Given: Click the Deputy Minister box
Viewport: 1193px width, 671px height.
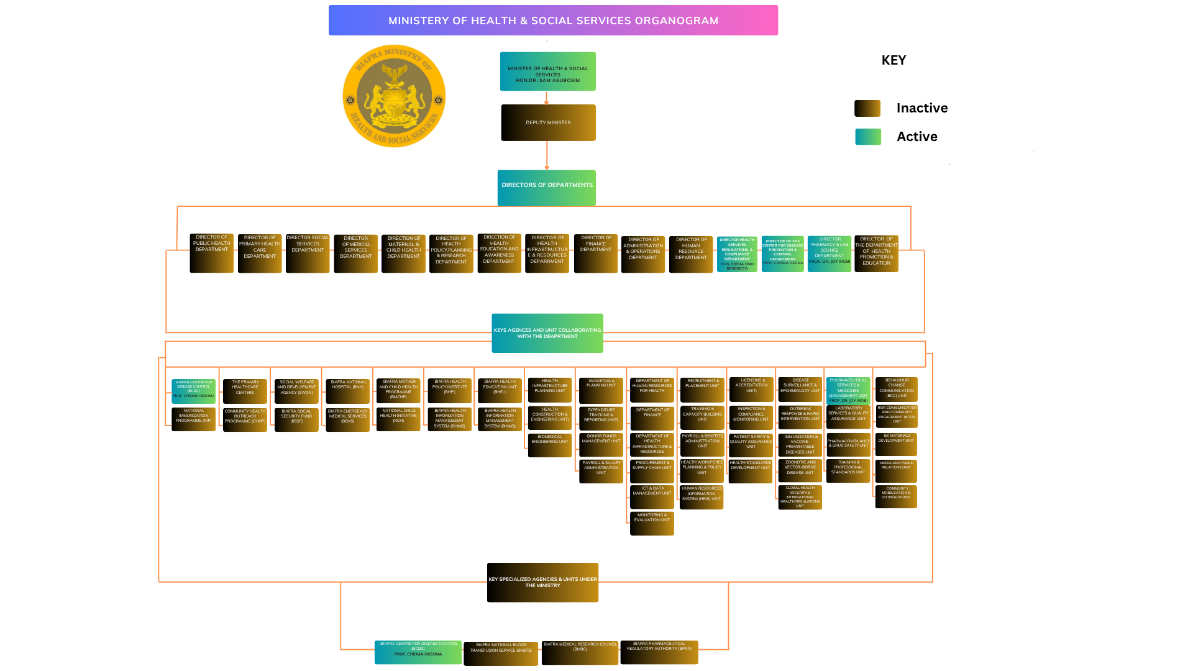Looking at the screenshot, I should point(548,122).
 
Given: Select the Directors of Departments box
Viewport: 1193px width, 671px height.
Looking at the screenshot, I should point(547,188).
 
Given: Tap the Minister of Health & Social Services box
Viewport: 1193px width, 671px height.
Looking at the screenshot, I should point(548,71).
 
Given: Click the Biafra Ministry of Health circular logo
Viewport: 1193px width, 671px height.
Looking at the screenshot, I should point(394,96).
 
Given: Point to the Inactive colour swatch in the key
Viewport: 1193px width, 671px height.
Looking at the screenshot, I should point(867,108).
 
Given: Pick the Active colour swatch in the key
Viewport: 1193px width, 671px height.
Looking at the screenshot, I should point(868,137).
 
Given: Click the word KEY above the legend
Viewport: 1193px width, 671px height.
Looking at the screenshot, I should point(894,60).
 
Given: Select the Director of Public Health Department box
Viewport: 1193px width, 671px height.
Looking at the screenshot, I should point(212,253).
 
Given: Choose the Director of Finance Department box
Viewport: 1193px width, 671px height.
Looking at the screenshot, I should point(596,253).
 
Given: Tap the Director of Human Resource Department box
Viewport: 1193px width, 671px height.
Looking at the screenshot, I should point(691,254).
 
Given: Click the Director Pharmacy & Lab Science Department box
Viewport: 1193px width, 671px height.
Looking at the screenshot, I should point(830,253).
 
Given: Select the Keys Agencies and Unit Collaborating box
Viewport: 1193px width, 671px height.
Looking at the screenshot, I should point(547,333).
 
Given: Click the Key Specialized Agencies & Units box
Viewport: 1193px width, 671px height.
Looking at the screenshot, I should point(542,582).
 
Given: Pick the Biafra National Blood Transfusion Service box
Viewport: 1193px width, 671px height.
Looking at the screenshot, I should point(501,654).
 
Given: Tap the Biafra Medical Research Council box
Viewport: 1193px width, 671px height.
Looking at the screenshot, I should point(580,653).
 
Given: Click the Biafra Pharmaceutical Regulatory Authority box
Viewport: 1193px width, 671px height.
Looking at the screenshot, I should point(659,652).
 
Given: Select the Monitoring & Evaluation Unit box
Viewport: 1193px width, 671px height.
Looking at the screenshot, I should point(652,523).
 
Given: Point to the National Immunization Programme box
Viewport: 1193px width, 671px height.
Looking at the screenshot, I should point(194,419).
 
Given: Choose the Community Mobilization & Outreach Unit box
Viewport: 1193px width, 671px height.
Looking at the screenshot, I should point(896,496).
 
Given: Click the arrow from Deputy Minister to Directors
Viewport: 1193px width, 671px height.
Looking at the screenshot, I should point(547,155).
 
